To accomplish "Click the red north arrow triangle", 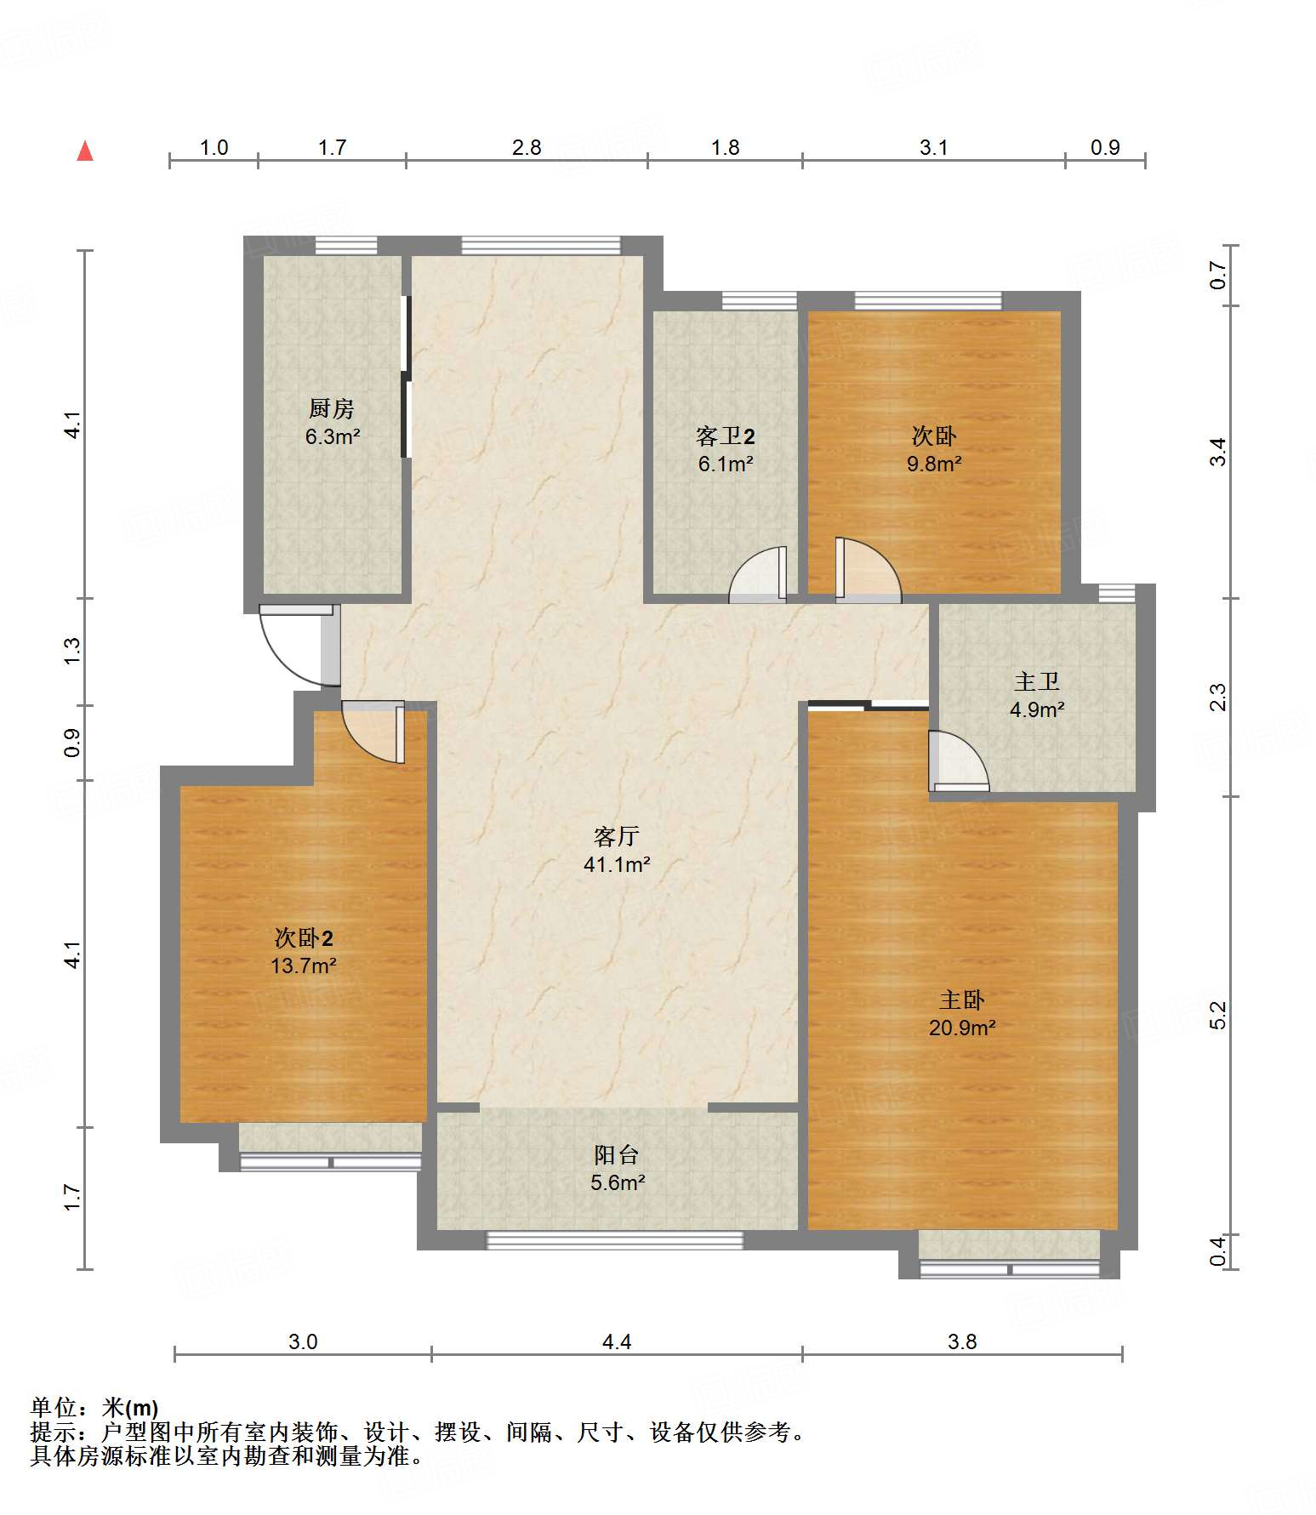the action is coord(85,151).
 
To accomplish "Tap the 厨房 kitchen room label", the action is coord(332,409).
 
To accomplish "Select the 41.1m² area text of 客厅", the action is coord(617,865).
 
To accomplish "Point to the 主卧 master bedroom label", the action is coord(962,1000).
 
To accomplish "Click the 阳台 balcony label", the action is coord(617,1155).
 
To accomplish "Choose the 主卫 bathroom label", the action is coord(1037,681).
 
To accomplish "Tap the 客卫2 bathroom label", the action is coord(726,436).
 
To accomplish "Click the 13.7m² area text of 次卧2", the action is coord(304,965).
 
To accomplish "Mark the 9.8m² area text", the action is coord(934,464).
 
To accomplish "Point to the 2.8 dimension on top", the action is coord(527,148).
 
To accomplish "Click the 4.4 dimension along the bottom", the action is coord(617,1342).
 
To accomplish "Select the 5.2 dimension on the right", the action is coord(1218,1016).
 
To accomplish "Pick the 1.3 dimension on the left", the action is coord(72,652).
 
